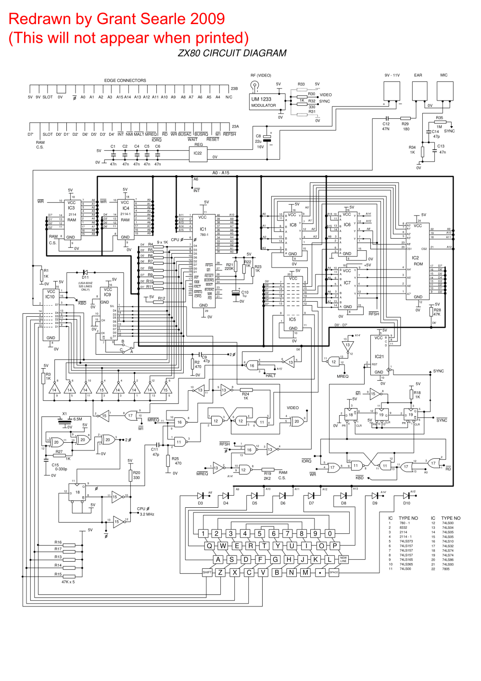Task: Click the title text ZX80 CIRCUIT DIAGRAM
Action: [232, 53]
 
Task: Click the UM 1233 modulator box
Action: [268, 102]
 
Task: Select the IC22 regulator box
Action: [198, 154]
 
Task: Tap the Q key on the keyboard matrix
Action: [209, 546]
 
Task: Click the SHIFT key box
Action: [207, 572]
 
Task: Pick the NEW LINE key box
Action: [343, 559]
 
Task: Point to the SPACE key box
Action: [334, 572]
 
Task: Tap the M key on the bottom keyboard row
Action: [305, 572]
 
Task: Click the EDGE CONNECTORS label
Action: [125, 80]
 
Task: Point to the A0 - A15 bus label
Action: [221, 173]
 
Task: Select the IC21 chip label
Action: [379, 357]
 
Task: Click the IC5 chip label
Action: [292, 319]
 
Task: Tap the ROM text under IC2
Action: [418, 264]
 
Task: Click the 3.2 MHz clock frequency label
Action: [147, 514]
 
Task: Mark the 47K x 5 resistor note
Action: [68, 582]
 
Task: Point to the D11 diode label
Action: [85, 277]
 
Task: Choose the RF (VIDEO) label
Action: [261, 76]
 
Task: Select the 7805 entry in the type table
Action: [446, 569]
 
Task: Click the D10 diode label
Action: [406, 503]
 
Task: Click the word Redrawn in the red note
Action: [40, 19]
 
